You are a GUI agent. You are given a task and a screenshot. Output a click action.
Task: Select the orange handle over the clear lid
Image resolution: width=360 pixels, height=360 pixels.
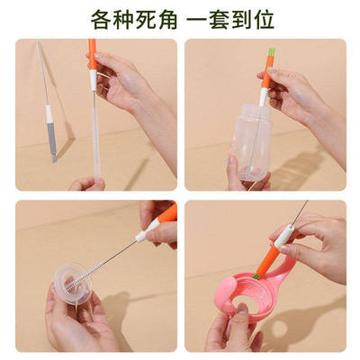tap(165, 217)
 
